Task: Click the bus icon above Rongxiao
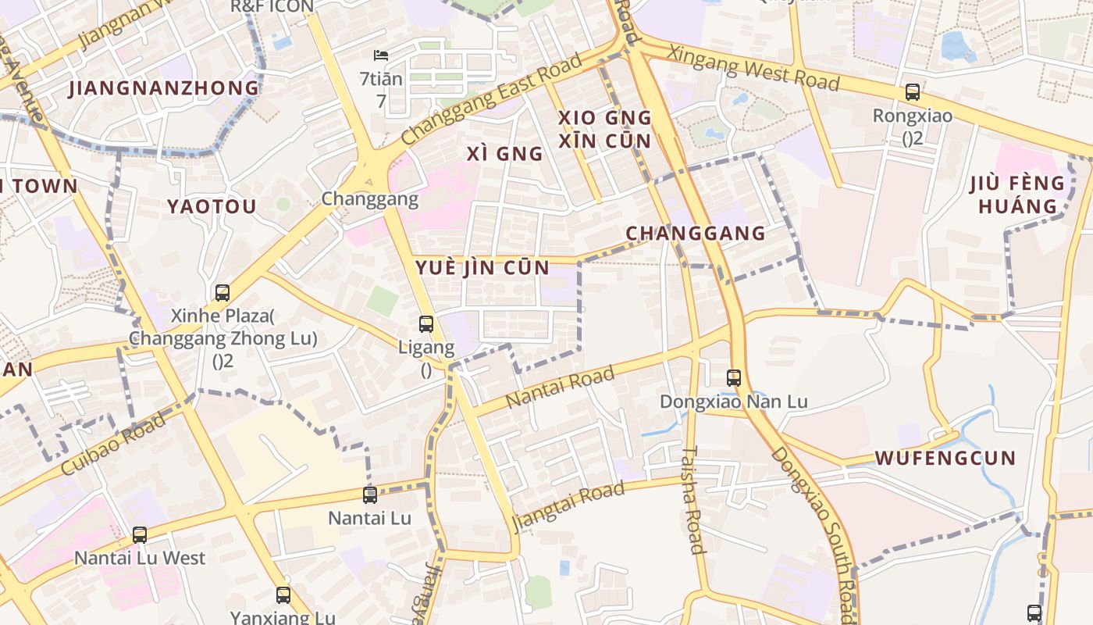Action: pyautogui.click(x=912, y=92)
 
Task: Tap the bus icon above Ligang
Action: pyautogui.click(x=425, y=323)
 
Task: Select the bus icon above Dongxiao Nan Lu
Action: pyautogui.click(x=733, y=378)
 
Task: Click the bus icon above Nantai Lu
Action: pyautogui.click(x=369, y=495)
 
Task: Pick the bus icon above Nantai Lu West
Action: pyautogui.click(x=139, y=535)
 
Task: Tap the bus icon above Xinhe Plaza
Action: pyautogui.click(x=222, y=293)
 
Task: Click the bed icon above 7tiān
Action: pyautogui.click(x=381, y=55)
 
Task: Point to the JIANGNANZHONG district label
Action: pyautogui.click(x=164, y=88)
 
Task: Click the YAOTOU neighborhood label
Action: pyautogui.click(x=212, y=207)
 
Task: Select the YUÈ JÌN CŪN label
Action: pyautogui.click(x=482, y=267)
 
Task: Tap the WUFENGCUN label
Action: pyautogui.click(x=945, y=458)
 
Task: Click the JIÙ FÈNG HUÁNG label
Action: pyautogui.click(x=1017, y=195)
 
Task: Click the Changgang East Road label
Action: pyautogui.click(x=492, y=99)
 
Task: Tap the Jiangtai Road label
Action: pyautogui.click(x=568, y=504)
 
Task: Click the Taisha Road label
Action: pyautogui.click(x=692, y=500)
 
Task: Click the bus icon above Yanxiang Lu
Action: pyautogui.click(x=283, y=595)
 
